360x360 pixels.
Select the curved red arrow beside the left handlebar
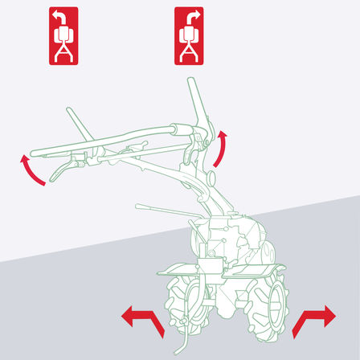31,171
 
